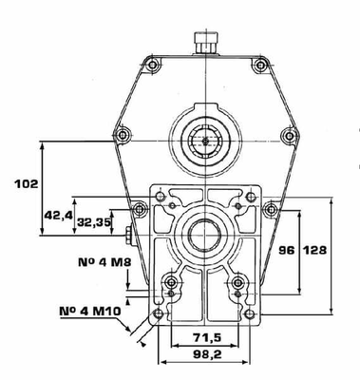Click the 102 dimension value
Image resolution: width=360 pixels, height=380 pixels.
pos(27,184)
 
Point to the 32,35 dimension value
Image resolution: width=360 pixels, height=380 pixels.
pos(94,221)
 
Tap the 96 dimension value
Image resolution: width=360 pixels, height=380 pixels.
pos(287,250)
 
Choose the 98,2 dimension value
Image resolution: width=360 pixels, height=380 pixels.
pos(207,354)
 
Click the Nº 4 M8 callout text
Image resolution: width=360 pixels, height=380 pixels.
pos(104,262)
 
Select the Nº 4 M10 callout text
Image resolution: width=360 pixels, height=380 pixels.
pos(90,312)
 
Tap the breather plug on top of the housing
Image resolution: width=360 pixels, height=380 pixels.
pos(206,43)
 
